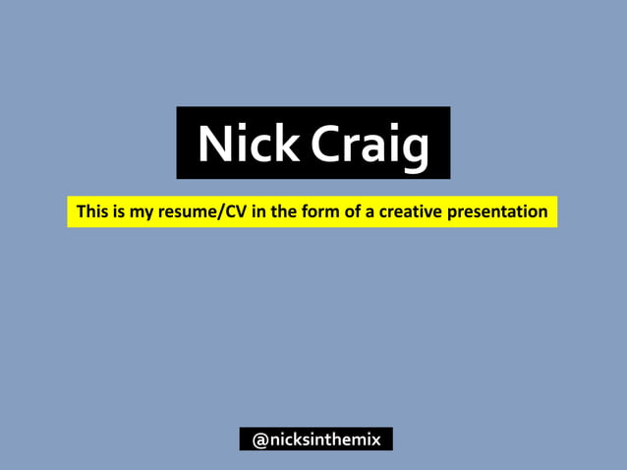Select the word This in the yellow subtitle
93,211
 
